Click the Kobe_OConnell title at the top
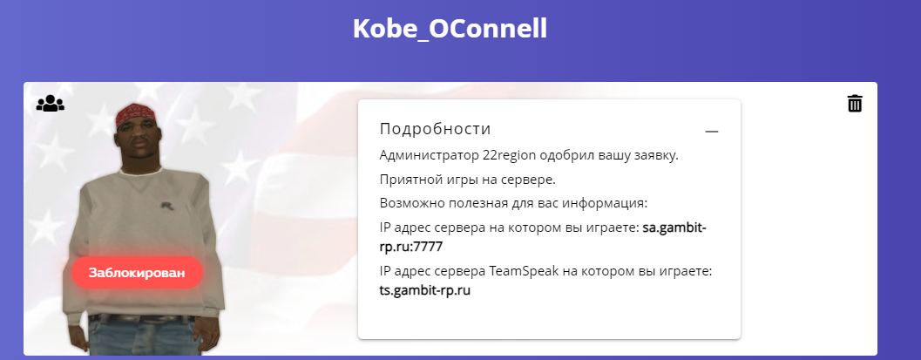coord(450,29)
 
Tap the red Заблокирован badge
coord(137,273)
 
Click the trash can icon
coord(855,104)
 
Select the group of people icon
coord(51,104)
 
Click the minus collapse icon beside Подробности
coord(712,132)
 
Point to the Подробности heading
coord(436,129)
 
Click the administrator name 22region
coord(510,156)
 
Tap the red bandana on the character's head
coord(138,113)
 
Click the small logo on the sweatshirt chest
coord(166,205)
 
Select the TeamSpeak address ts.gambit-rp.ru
coord(425,290)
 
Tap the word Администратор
coord(429,156)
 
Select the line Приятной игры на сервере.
coord(468,180)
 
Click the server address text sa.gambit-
coord(674,228)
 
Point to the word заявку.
coord(657,157)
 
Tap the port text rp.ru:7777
coord(411,247)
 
